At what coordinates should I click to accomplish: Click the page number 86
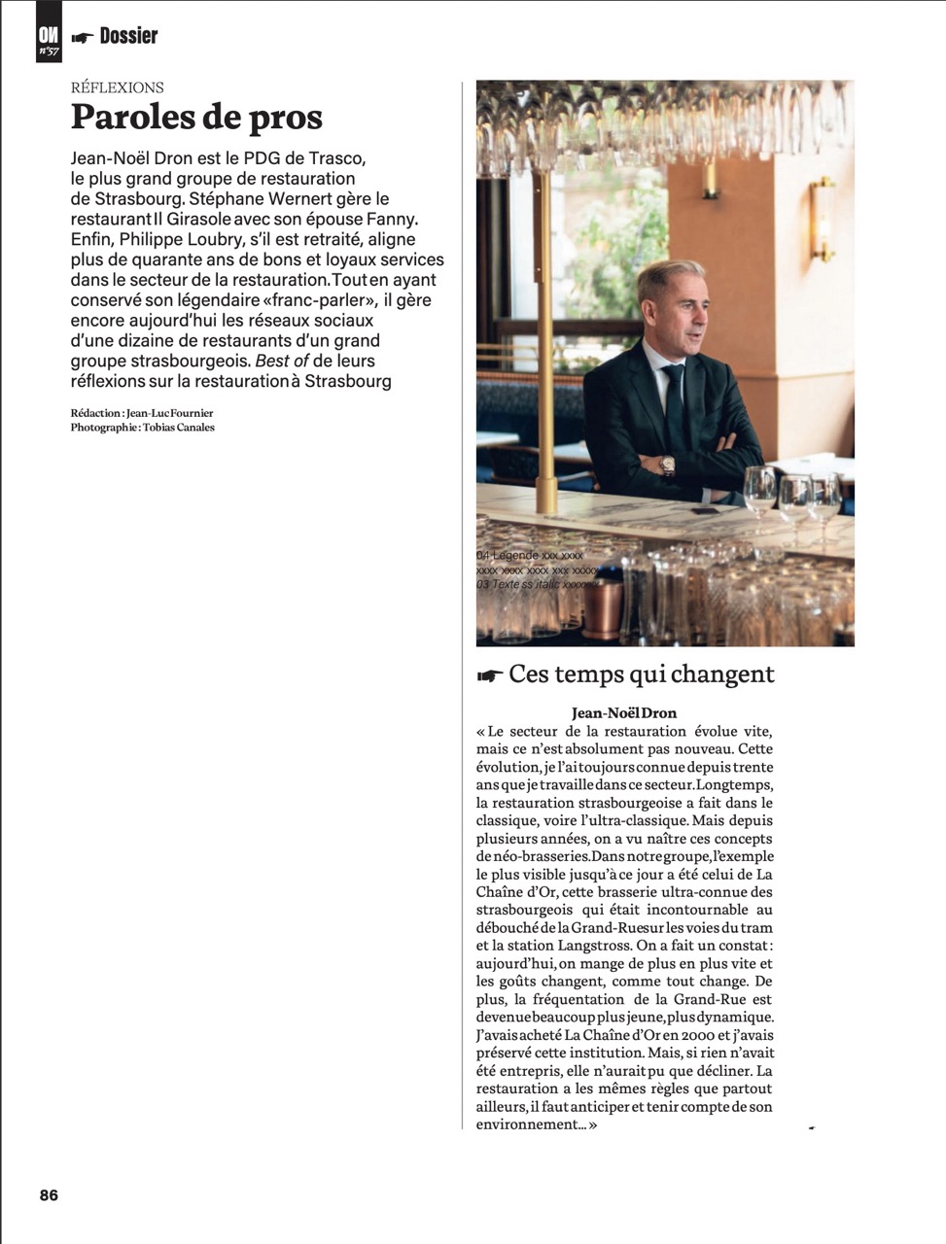click(49, 1195)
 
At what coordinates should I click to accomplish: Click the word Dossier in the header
click(128, 36)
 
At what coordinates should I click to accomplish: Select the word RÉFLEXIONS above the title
click(118, 87)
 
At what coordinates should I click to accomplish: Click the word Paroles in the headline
click(130, 118)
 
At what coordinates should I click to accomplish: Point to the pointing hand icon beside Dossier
click(83, 37)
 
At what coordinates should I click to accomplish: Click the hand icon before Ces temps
click(490, 675)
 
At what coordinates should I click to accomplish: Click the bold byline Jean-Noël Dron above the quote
click(624, 713)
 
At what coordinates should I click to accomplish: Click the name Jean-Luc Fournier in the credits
click(169, 413)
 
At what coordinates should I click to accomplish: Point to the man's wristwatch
click(668, 465)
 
